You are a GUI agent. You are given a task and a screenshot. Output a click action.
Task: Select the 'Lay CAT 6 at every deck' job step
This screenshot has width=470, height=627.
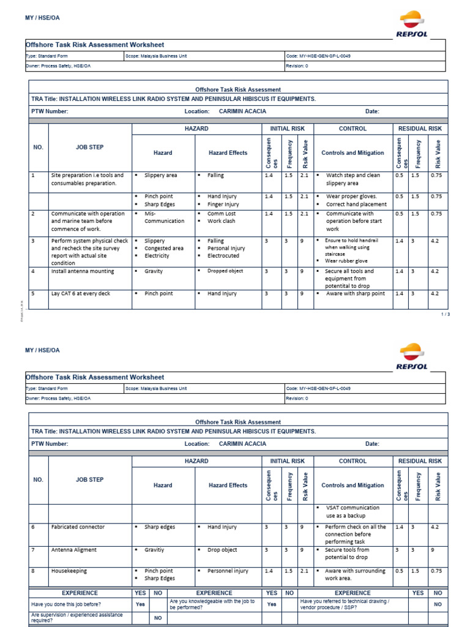[x=81, y=294]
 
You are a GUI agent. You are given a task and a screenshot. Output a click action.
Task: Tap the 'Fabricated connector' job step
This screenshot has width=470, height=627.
[x=78, y=527]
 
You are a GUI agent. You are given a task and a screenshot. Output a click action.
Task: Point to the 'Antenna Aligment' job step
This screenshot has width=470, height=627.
[x=73, y=550]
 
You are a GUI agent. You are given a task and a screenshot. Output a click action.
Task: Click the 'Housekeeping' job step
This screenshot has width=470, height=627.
[x=69, y=571]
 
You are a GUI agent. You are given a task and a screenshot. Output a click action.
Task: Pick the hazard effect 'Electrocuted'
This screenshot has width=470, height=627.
[x=223, y=256]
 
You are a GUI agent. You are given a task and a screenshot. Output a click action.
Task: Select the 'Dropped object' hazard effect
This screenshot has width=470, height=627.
[x=225, y=271]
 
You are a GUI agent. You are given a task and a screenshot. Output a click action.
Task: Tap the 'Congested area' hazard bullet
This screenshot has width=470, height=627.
[x=163, y=249]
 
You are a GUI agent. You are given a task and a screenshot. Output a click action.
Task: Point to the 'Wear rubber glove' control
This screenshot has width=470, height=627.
[x=348, y=261]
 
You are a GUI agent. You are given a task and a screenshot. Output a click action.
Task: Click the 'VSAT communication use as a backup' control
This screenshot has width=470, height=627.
[x=352, y=512]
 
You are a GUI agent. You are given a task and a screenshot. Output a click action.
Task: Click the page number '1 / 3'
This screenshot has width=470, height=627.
[x=445, y=314]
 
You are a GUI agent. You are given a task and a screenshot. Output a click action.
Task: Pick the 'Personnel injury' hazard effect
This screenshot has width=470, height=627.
[x=228, y=571]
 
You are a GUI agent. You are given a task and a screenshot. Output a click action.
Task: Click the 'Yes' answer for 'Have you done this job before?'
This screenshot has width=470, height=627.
[x=140, y=604]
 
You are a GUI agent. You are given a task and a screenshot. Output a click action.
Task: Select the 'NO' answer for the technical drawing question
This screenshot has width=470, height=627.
[x=438, y=604]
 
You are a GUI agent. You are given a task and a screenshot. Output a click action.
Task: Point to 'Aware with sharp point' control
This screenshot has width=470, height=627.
[x=355, y=294]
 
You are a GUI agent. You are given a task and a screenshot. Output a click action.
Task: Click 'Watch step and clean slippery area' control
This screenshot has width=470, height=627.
[x=352, y=179]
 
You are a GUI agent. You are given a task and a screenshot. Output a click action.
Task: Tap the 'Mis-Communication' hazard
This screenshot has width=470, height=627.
[x=164, y=217]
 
